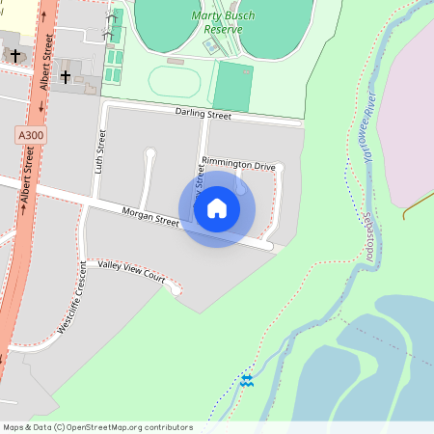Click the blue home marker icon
pos(217,208)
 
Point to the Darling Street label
pos(203,115)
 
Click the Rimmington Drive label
pos(238,165)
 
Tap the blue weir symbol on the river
pos(247,381)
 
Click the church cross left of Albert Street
pos(15,56)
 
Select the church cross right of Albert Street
pos(66,75)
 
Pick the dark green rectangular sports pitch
pos(231,87)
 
